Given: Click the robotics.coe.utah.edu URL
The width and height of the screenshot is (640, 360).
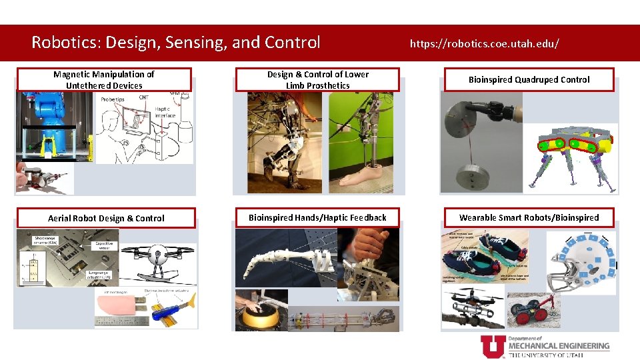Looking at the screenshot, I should click(484, 43).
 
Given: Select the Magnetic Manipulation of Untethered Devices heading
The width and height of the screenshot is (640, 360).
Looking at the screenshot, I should click(104, 80).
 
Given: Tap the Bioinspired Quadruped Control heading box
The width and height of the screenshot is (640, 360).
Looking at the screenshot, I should click(529, 80).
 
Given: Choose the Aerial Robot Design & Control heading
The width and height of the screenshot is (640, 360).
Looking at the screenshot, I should click(106, 218).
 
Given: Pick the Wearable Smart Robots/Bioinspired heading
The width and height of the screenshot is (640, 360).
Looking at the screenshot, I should click(529, 217).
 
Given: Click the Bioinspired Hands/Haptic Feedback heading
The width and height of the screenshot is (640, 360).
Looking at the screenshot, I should click(317, 218).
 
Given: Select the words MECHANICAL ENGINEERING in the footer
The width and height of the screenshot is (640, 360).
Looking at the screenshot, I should click(559, 346).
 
